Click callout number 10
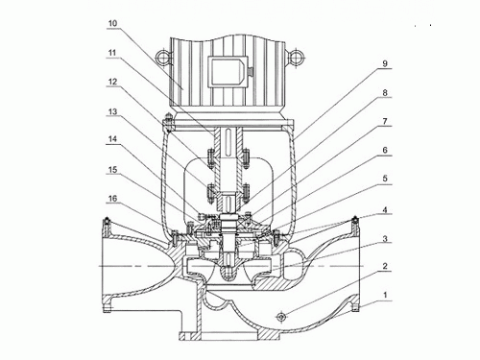pyautogui.click(x=112, y=23)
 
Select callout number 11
pyautogui.click(x=112, y=53)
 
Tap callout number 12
pyautogui.click(x=112, y=82)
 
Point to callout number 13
pyautogui.click(x=112, y=111)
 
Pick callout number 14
pyautogui.click(x=112, y=139)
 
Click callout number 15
pyautogui.click(x=112, y=169)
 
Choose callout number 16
pyautogui.click(x=112, y=199)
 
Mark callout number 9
pyautogui.click(x=385, y=63)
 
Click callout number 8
pyautogui.click(x=385, y=92)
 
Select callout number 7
pyautogui.click(x=385, y=121)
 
